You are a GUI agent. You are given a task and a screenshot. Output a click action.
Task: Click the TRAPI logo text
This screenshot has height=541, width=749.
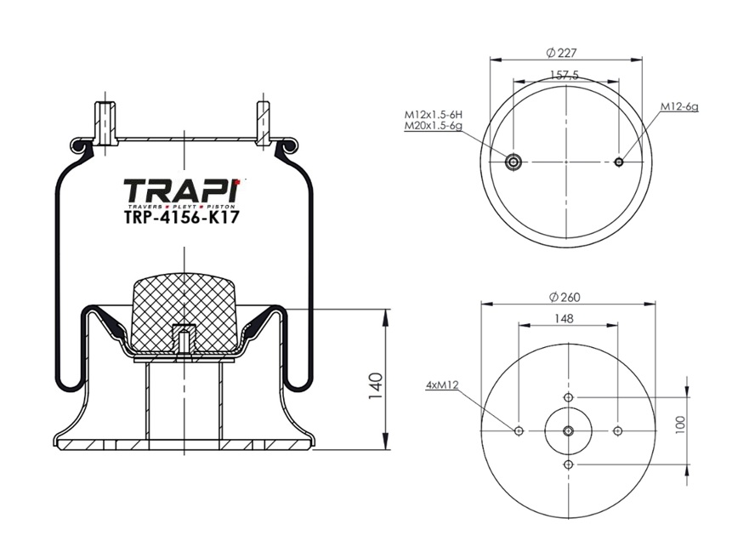(x=182, y=191)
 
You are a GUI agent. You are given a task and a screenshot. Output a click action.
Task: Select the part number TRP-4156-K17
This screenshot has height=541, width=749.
(x=182, y=218)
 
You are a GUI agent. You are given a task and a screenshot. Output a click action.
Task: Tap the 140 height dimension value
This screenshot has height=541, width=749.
(x=376, y=386)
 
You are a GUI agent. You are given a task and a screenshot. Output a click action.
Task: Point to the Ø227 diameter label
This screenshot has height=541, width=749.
(x=561, y=53)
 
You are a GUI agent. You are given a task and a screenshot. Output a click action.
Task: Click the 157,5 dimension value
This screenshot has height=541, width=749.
(x=565, y=75)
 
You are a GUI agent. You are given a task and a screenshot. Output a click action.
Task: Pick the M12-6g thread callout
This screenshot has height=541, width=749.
(x=679, y=106)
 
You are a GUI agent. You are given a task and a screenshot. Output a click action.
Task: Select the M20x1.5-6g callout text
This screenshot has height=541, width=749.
(x=434, y=126)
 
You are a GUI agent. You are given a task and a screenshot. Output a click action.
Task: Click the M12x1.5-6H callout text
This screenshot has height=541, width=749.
(x=434, y=115)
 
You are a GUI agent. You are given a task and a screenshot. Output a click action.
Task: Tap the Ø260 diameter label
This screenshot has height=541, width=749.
(x=565, y=297)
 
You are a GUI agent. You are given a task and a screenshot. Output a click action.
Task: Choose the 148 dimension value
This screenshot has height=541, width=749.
(x=565, y=318)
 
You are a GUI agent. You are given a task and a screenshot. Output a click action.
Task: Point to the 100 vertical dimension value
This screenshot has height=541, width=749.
(x=681, y=424)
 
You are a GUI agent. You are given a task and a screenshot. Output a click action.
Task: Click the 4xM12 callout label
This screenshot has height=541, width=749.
(x=442, y=384)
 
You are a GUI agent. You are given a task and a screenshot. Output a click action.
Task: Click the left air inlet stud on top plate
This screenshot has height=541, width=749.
(x=105, y=122)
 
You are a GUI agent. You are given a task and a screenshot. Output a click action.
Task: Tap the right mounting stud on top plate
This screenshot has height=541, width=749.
(x=264, y=122)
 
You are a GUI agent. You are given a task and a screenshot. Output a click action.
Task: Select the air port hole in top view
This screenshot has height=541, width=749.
(x=514, y=162)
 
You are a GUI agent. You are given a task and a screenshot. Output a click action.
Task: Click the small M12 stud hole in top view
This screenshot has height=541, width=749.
(x=619, y=162)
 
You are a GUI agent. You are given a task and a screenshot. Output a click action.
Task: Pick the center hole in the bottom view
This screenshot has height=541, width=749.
(x=569, y=430)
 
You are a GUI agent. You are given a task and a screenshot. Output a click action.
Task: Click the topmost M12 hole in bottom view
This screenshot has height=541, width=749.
(x=569, y=397)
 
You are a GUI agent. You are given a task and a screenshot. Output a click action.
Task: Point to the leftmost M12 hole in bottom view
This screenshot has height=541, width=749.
(x=519, y=431)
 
